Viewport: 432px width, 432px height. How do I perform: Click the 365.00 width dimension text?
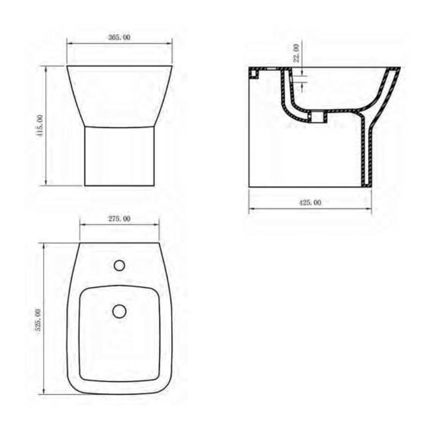(119, 37)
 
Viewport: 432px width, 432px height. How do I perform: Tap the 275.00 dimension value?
(119, 219)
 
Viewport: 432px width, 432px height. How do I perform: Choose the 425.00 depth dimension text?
(310, 202)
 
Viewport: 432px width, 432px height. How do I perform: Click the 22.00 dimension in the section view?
(296, 54)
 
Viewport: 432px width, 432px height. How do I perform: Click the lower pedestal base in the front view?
(119, 156)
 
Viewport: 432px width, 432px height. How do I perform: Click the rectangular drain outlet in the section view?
(319, 115)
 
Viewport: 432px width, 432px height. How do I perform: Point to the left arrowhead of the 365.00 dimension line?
(69, 44)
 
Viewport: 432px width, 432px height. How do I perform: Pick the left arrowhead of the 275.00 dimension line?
(82, 225)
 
